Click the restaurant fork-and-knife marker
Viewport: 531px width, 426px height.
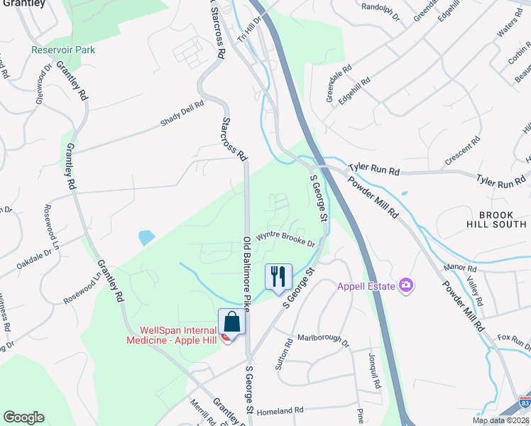tap(278, 275)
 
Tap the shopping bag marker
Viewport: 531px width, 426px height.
tap(231, 322)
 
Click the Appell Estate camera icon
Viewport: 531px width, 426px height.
tap(407, 285)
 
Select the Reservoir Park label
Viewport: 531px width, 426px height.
tap(63, 50)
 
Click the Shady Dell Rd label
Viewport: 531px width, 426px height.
tap(182, 114)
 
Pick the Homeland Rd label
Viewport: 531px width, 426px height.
tap(280, 410)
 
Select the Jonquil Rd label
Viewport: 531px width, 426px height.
tap(375, 370)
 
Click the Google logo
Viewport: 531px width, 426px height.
tap(24, 417)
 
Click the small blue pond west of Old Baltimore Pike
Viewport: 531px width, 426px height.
tap(146, 236)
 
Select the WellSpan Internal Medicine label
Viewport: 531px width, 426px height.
tap(175, 335)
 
